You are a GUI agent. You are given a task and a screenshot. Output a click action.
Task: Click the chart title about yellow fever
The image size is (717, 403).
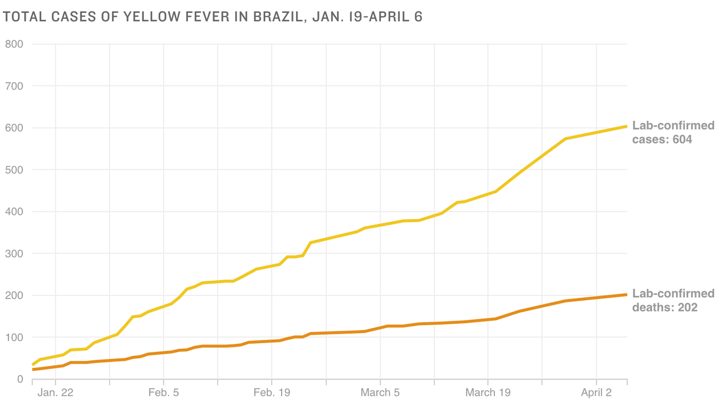(213, 17)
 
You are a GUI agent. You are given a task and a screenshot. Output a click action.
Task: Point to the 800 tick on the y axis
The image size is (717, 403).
(14, 44)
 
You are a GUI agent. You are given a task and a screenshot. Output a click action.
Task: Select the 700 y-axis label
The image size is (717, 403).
(14, 86)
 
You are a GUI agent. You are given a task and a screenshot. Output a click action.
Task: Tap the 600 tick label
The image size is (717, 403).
(14, 128)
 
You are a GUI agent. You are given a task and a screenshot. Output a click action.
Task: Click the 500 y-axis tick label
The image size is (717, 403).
(14, 170)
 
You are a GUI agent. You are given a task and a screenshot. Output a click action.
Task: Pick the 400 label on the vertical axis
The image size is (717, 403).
(14, 212)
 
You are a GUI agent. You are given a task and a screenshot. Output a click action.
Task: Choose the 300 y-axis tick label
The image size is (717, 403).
(14, 254)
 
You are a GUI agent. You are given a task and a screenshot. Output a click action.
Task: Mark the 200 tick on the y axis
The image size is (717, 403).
(14, 296)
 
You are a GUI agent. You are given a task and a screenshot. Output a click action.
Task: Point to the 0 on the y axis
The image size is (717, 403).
(20, 379)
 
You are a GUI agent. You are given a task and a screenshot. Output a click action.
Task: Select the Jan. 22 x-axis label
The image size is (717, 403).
(56, 393)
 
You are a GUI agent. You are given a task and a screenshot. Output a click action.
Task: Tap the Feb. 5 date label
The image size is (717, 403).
(163, 393)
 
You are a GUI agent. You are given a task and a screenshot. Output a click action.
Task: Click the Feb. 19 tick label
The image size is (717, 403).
(271, 393)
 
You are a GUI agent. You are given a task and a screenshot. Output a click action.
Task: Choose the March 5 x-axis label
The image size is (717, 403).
(380, 393)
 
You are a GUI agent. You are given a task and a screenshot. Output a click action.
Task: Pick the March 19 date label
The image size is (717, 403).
(488, 393)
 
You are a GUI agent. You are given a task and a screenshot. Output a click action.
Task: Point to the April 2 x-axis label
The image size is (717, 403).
(597, 393)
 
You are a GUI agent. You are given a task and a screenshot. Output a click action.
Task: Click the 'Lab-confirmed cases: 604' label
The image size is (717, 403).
(673, 132)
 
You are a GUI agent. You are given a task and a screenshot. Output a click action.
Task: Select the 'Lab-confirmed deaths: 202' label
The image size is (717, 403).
(673, 300)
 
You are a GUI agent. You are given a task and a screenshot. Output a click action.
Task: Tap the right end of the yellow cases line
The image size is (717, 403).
(626, 126)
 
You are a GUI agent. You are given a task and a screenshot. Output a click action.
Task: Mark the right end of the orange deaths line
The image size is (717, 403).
(626, 294)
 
